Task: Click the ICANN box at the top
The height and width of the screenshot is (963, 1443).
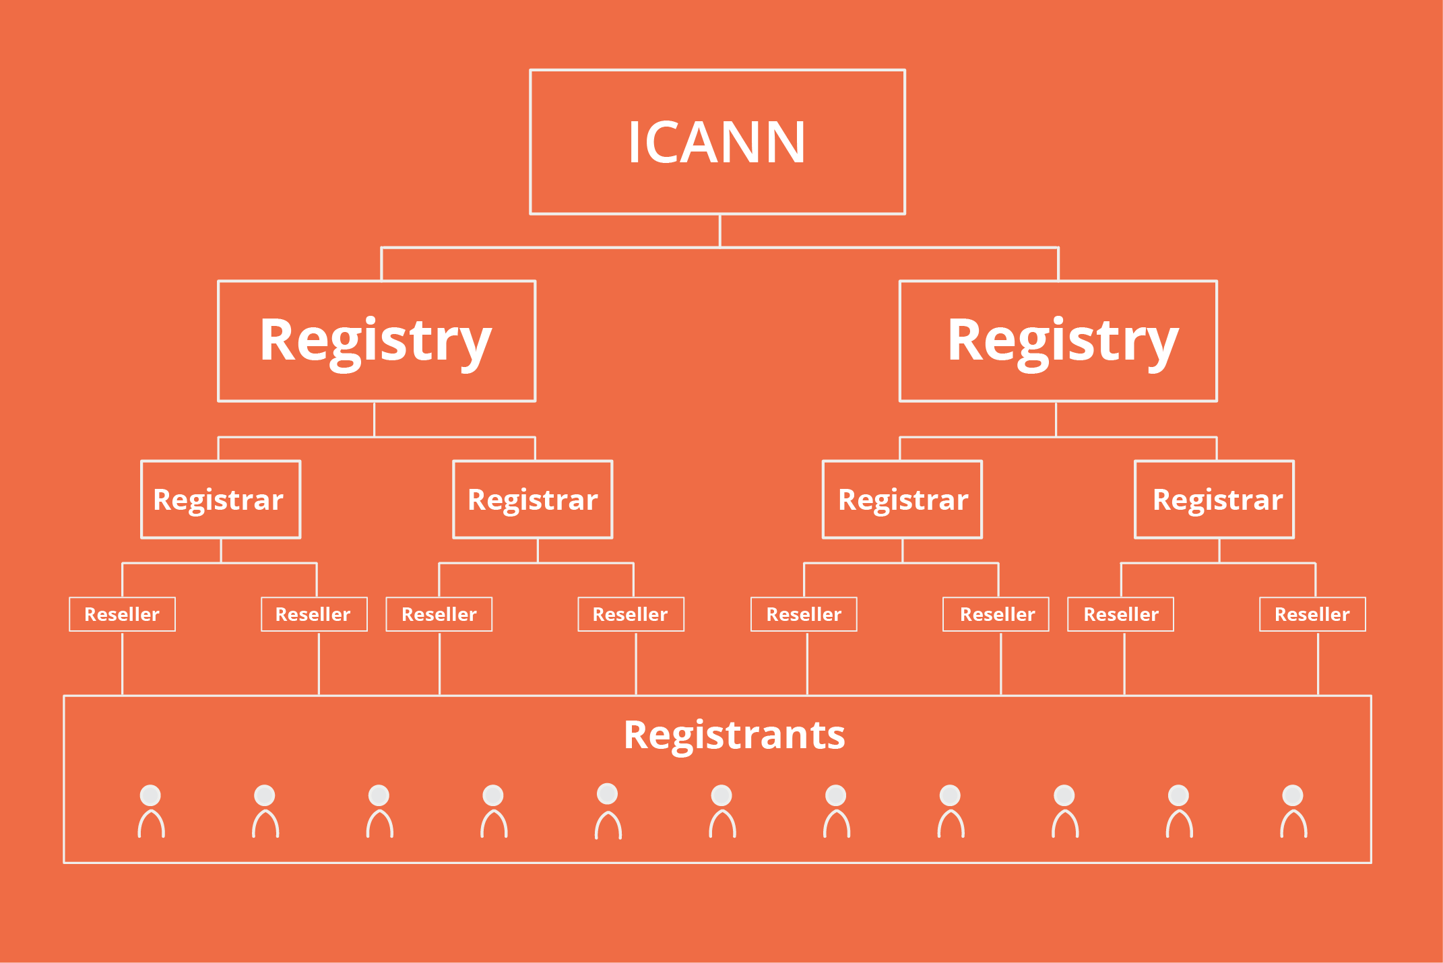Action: (717, 142)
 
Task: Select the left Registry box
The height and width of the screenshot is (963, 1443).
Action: (377, 341)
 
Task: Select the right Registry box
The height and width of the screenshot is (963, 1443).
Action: (1058, 341)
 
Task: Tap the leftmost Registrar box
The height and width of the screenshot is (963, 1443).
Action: (220, 500)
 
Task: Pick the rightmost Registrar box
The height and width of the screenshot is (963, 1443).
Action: (1215, 500)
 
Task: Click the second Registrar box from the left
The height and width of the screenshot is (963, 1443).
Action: (533, 500)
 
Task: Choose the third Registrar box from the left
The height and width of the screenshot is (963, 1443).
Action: (903, 500)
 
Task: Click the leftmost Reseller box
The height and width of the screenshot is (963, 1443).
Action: (122, 614)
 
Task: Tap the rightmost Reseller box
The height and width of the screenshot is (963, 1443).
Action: (1312, 614)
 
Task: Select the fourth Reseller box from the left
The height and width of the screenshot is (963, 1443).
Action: (631, 614)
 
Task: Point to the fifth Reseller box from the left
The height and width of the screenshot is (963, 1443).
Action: (804, 614)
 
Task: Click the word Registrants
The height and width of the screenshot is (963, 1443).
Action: (734, 735)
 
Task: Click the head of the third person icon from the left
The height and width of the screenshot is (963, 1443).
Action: (379, 795)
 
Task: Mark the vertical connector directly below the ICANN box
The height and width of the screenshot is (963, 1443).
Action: (720, 231)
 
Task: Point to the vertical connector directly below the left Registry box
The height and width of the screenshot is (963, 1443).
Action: (374, 419)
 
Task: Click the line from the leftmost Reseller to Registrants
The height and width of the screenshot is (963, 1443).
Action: (122, 663)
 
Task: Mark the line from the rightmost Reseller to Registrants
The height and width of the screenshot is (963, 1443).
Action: (1318, 663)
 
